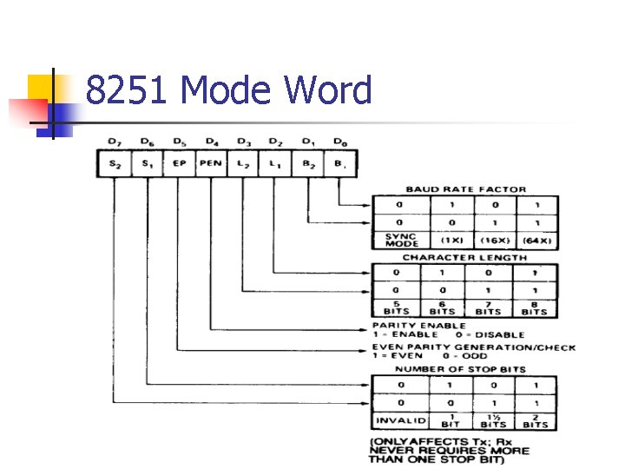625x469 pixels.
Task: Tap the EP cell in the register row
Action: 179,163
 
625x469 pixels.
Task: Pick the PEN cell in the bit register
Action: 210,163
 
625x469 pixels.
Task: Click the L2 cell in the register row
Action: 243,163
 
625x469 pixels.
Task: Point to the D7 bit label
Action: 114,142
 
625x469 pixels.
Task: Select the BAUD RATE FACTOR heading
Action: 465,189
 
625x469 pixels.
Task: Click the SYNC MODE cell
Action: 400,241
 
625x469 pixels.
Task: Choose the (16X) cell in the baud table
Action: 494,241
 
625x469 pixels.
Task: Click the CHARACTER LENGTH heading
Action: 464,257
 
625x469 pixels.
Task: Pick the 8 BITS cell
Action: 535,308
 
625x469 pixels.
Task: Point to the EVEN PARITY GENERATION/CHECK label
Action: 474,347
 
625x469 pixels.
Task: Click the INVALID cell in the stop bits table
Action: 400,421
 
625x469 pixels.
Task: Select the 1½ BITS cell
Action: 492,421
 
